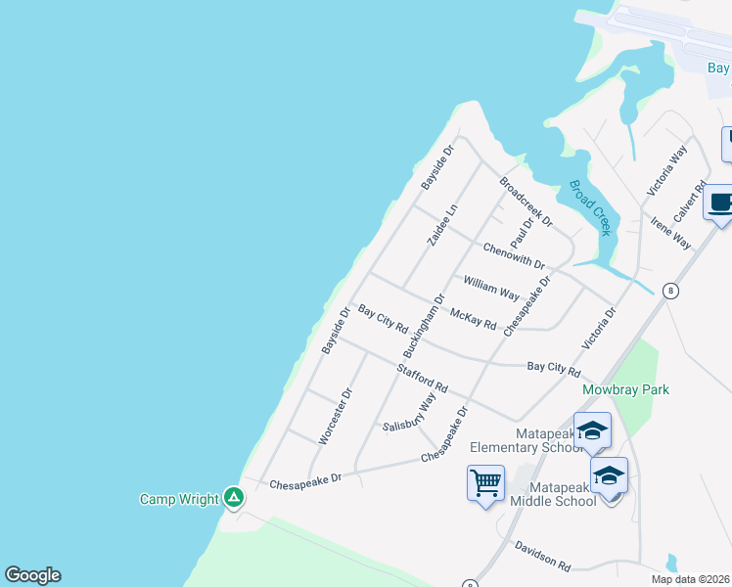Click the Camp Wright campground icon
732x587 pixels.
tap(233, 498)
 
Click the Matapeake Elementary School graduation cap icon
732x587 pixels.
tap(591, 430)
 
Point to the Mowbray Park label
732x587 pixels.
tap(625, 389)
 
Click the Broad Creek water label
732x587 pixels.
tap(590, 206)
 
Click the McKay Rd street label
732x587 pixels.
tap(473, 318)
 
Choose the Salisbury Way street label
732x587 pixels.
tap(410, 413)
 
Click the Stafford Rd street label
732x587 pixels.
tap(422, 379)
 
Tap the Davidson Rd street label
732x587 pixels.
tap(542, 559)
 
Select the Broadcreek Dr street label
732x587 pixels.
tap(526, 201)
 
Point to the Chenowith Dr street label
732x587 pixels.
tap(514, 257)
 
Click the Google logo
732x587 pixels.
tap(33, 574)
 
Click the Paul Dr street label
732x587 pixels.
tap(521, 234)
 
